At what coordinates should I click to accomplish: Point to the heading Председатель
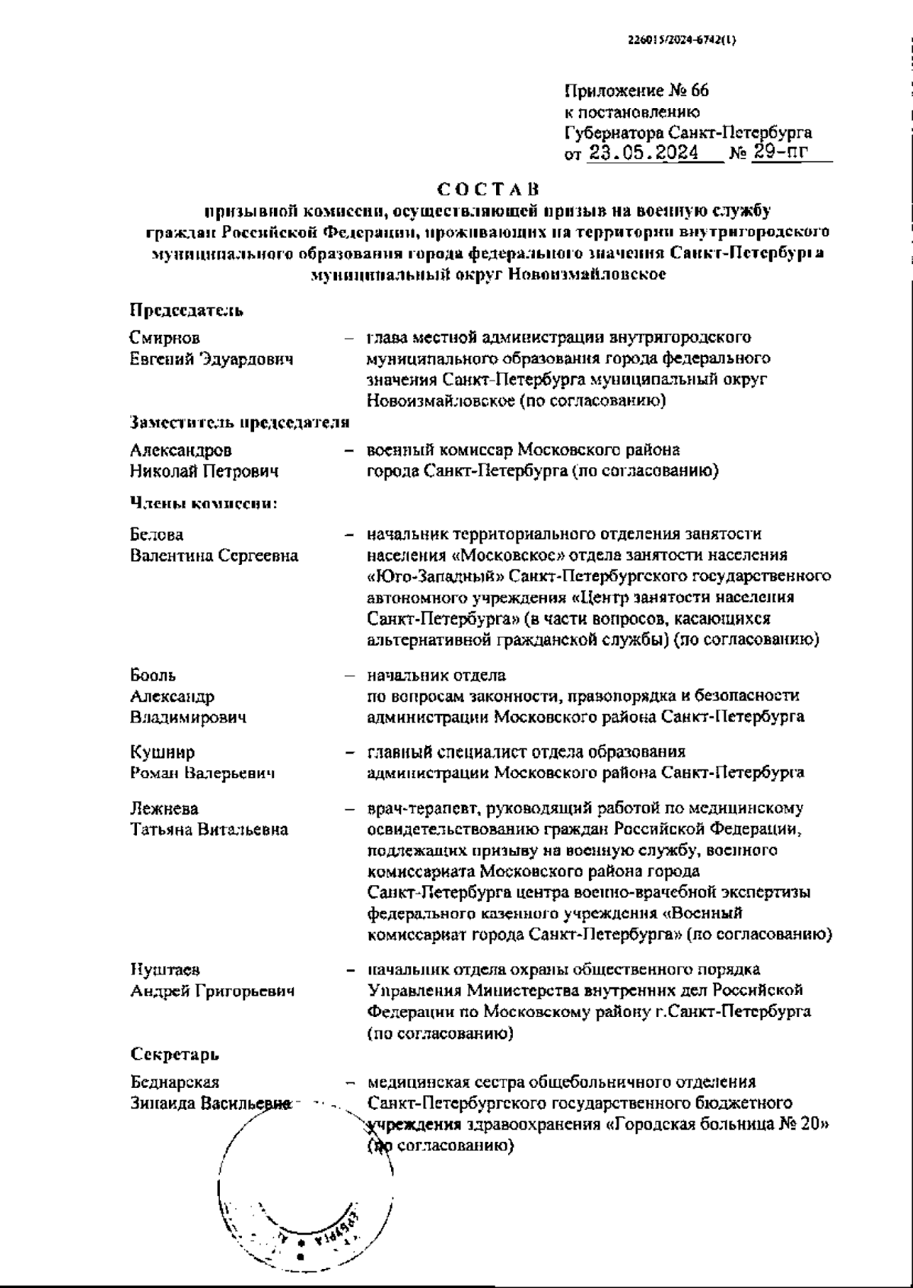186,311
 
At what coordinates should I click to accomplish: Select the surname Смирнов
165,338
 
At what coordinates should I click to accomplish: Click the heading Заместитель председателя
240,423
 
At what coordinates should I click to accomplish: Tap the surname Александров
181,451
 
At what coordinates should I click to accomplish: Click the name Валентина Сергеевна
214,556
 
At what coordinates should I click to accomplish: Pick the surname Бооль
153,675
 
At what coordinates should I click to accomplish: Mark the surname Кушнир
162,753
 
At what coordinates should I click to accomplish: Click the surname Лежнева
164,808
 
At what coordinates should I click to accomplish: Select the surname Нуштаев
165,970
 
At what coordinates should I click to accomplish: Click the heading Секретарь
174,1055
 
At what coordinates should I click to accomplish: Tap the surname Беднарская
174,1082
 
